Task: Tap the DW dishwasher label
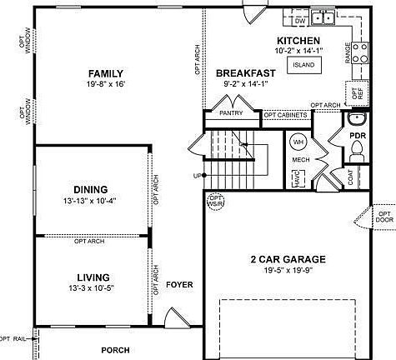point(302,18)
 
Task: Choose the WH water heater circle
point(298,142)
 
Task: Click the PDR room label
point(358,135)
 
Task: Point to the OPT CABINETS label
point(285,114)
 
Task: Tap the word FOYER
point(179,285)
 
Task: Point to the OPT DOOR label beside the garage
point(384,217)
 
